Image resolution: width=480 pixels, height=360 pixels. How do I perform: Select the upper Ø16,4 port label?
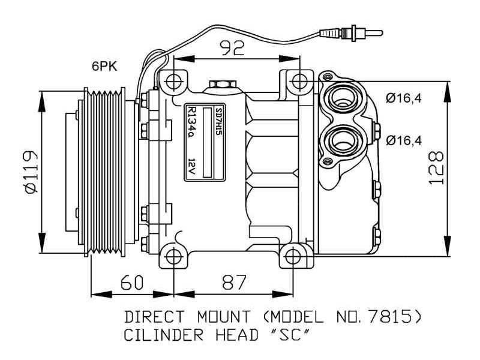click(404, 98)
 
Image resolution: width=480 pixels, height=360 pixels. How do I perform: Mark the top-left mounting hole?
click(173, 81)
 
